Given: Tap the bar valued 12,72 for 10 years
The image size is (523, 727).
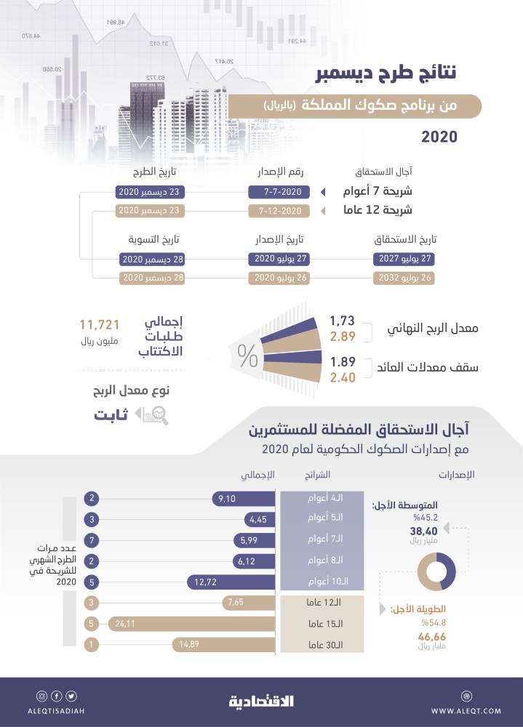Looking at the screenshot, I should tap(230, 582).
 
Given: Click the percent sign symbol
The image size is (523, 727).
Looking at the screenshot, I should tap(247, 356).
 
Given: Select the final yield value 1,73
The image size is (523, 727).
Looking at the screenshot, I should tap(342, 321).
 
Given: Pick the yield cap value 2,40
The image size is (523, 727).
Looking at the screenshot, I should tap(342, 377).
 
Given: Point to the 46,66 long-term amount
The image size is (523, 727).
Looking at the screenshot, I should tap(431, 636).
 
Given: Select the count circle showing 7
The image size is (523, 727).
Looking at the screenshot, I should tap(92, 540).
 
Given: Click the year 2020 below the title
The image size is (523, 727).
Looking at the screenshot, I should tap(439, 136).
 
